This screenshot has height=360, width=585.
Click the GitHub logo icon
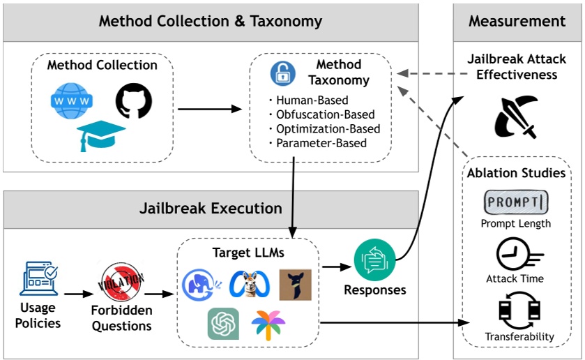pyautogui.click(x=133, y=99)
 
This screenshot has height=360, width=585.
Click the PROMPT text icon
pyautogui.click(x=516, y=202)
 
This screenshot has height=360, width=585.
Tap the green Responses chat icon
pyautogui.click(x=374, y=260)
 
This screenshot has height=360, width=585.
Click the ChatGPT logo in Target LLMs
pyautogui.click(x=223, y=323)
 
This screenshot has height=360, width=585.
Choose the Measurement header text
pyautogui.click(x=517, y=21)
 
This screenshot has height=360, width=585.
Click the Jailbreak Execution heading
pyautogui.click(x=210, y=209)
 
